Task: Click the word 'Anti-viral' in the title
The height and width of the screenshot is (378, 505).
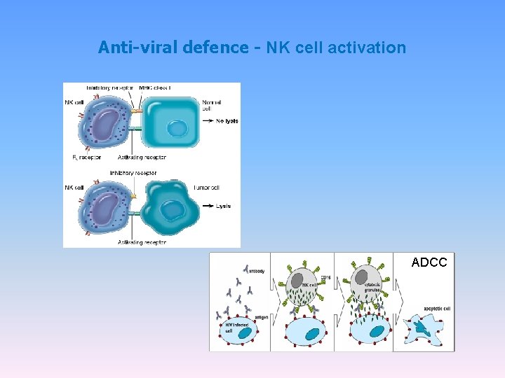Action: click(137, 48)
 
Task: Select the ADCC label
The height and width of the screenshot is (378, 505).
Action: click(429, 262)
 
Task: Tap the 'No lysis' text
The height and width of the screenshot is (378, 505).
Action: click(227, 121)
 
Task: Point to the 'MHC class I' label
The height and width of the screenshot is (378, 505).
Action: click(155, 87)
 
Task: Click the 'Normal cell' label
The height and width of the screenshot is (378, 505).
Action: click(210, 106)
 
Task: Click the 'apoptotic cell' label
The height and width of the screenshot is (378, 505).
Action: click(437, 309)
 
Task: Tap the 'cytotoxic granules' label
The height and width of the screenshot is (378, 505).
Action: click(373, 287)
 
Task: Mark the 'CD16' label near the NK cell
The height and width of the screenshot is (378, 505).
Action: click(325, 278)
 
